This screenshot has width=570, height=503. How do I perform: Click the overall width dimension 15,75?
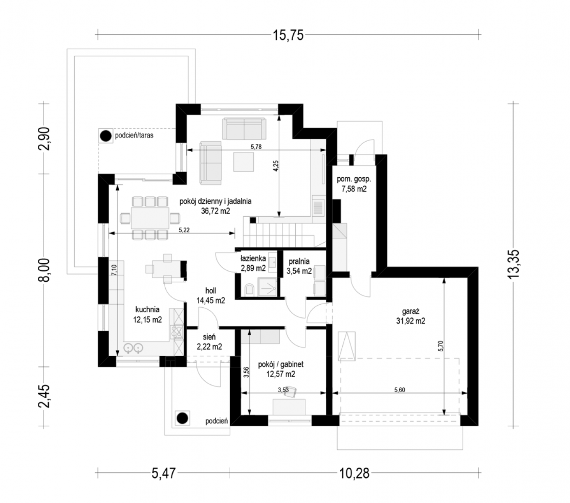click(x=288, y=36)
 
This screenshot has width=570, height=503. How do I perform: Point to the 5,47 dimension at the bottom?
click(x=164, y=473)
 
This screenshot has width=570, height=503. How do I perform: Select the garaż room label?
click(x=411, y=311)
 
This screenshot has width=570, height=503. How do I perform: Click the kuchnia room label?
click(x=147, y=309)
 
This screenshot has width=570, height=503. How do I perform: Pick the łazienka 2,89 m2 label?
click(x=253, y=263)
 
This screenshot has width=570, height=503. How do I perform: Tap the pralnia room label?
click(x=299, y=261)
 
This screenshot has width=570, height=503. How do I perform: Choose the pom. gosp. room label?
click(x=354, y=179)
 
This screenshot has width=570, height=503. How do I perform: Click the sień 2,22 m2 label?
click(x=209, y=342)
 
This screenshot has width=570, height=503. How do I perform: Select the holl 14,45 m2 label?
click(x=211, y=296)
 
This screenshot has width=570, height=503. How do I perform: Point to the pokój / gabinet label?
click(x=281, y=364)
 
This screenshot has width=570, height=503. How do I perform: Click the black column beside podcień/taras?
click(x=106, y=136)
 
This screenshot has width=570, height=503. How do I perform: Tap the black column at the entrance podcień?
click(x=182, y=418)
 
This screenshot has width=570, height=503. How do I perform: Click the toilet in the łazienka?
click(x=249, y=289)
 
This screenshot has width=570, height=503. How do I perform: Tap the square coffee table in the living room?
click(x=244, y=161)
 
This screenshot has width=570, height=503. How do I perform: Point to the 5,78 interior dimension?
click(x=256, y=146)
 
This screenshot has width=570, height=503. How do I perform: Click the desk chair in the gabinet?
click(x=290, y=392)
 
